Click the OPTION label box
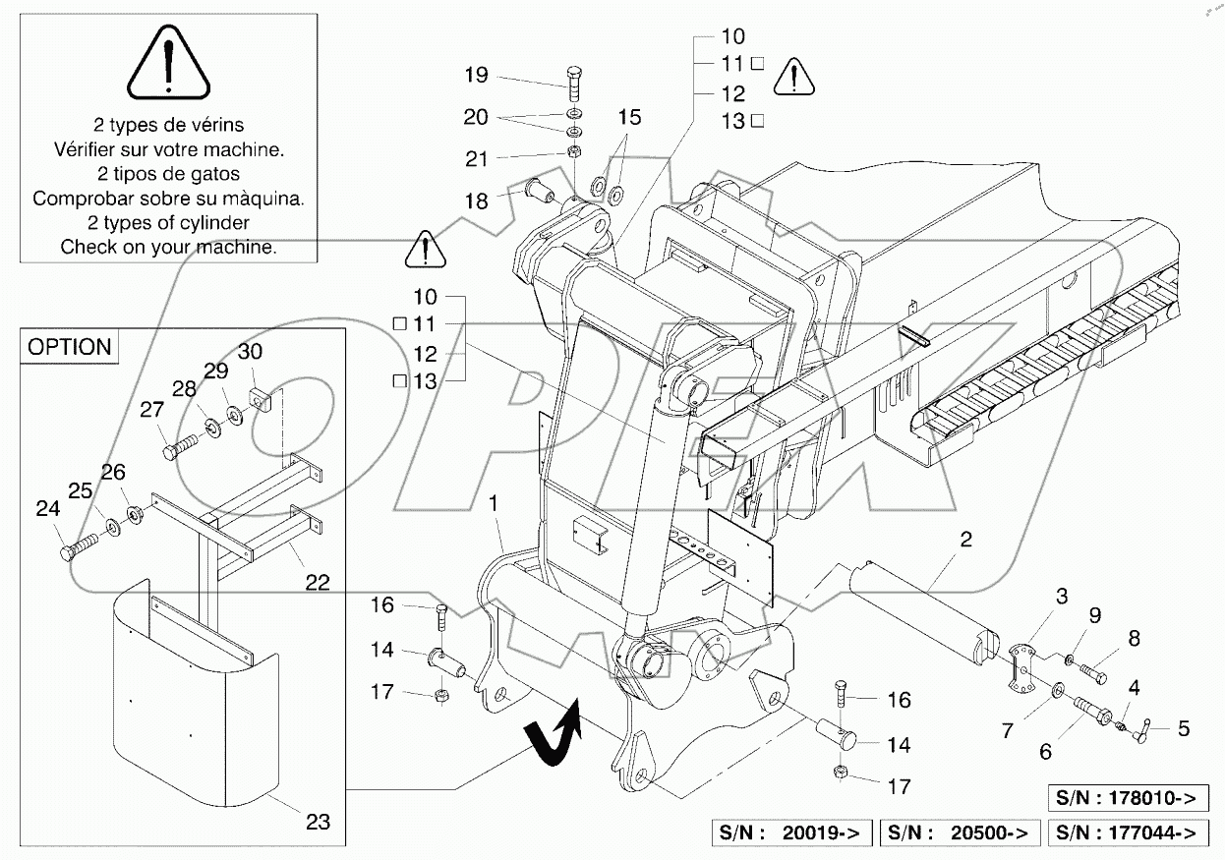[69, 347]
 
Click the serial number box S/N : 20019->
[791, 832]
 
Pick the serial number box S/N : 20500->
[959, 832]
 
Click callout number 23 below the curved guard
[318, 821]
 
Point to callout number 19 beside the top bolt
[476, 75]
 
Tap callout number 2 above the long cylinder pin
[966, 539]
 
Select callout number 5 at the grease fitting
[1184, 728]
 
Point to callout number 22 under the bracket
[317, 582]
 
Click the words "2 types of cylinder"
[168, 222]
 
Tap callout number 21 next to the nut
[476, 157]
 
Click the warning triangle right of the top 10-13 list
[792, 77]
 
